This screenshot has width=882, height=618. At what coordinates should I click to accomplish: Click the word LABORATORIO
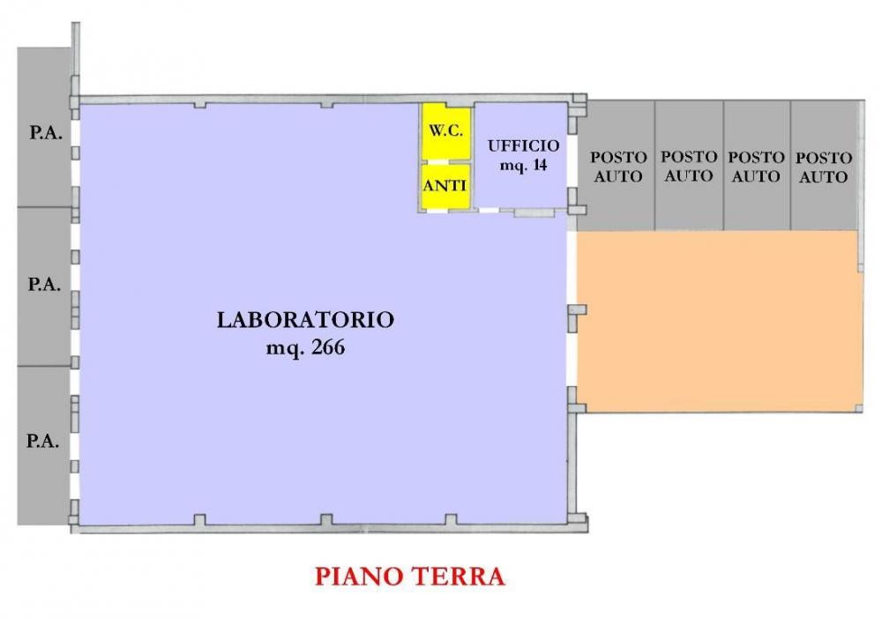(305, 319)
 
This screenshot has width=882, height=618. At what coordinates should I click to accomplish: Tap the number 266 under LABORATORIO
(326, 347)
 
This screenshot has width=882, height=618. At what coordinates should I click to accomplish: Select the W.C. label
(445, 130)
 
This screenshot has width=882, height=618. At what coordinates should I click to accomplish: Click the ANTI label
(445, 186)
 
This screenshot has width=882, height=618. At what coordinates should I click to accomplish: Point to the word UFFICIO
(523, 146)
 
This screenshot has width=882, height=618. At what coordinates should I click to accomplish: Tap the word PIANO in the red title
(358, 577)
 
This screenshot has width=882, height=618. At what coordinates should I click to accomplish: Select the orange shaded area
(719, 322)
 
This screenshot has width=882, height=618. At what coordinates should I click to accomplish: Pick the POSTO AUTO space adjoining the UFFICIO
(618, 166)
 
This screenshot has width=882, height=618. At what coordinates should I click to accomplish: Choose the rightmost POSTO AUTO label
(824, 167)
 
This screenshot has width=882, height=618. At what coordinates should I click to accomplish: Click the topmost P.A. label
(43, 134)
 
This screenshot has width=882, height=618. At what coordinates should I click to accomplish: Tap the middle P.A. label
(43, 285)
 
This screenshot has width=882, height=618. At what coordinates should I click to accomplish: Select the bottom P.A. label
(43, 441)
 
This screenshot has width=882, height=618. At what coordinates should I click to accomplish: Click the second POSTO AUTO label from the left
(689, 166)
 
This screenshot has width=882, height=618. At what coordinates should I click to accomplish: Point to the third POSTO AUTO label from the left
(756, 166)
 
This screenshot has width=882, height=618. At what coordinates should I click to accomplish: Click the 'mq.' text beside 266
(285, 348)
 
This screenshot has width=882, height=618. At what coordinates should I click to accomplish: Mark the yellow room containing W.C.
(445, 132)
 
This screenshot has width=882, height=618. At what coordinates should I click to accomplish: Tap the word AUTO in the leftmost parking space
(618, 176)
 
